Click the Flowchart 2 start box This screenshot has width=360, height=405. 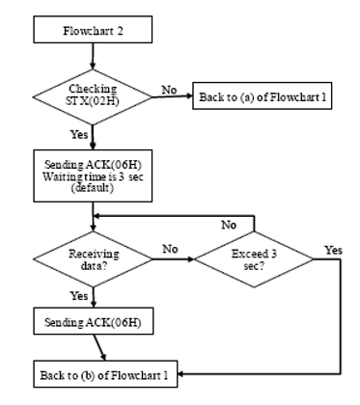93,30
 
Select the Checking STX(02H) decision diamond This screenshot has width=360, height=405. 93,96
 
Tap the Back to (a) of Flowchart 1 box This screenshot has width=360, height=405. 263,95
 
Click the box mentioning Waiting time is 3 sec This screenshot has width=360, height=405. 93,175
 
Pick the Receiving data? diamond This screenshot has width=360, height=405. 93,259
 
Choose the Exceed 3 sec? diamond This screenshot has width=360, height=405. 254,259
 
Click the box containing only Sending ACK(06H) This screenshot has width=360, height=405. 94,321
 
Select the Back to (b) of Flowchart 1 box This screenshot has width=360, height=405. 105,374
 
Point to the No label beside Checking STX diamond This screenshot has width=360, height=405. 169,90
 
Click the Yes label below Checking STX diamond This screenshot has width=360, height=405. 79,134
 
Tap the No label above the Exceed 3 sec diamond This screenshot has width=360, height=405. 229,225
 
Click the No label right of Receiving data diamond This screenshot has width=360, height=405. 170,249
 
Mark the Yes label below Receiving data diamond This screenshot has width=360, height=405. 79,295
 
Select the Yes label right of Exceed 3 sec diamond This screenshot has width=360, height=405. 333,250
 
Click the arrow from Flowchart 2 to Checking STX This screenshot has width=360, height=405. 93,56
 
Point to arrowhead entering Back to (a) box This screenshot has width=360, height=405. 189,95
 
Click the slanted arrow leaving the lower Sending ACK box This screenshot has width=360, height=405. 99,347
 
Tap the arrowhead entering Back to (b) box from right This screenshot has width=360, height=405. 180,374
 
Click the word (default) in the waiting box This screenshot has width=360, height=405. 93,187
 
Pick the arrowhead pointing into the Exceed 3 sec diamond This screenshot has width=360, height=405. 191,259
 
